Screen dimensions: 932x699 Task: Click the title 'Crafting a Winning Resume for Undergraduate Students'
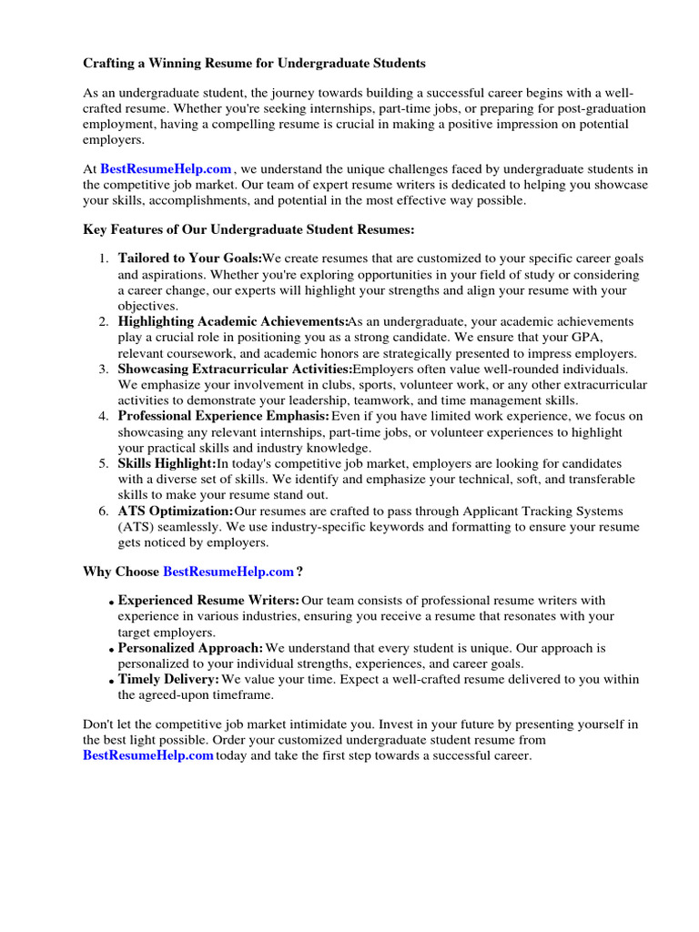point(254,64)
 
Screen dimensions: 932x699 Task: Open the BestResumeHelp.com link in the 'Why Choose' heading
point(228,572)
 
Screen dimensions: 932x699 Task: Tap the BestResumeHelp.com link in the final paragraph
point(148,755)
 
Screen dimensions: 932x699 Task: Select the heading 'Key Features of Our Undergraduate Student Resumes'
point(249,230)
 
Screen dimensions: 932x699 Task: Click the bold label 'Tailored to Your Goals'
point(189,258)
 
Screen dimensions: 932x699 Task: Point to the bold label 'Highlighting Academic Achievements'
point(233,321)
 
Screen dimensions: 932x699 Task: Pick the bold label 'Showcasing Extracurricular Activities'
point(235,369)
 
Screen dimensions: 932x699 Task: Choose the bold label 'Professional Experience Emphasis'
point(224,416)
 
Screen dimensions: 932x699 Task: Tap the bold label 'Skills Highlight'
point(167,463)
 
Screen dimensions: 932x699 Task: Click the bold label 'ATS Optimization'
point(176,511)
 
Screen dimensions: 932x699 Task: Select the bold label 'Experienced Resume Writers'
point(208,601)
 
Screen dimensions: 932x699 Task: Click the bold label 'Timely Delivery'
point(168,679)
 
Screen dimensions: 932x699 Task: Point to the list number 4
point(103,416)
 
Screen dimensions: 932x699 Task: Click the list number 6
point(103,511)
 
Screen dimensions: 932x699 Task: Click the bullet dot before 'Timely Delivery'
point(111,681)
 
